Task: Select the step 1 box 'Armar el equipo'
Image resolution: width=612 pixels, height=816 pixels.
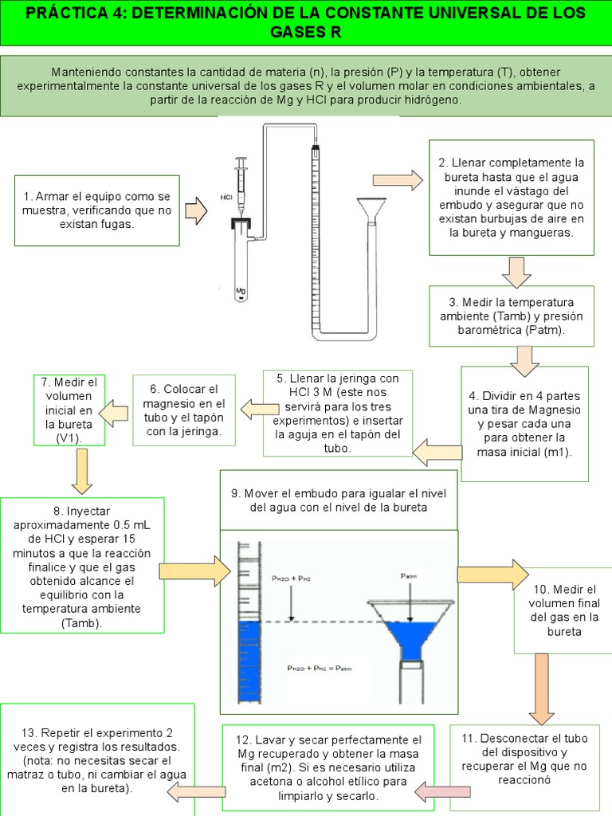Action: pyautogui.click(x=97, y=210)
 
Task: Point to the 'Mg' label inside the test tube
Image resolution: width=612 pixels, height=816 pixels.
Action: pyautogui.click(x=240, y=292)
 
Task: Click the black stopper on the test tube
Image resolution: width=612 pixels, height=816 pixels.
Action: pyautogui.click(x=241, y=225)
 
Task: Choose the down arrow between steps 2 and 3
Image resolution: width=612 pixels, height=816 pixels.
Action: pyautogui.click(x=516, y=271)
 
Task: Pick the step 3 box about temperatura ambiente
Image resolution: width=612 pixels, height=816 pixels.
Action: pyautogui.click(x=511, y=316)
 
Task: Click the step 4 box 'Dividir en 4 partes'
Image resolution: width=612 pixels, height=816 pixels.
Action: pyautogui.click(x=524, y=424)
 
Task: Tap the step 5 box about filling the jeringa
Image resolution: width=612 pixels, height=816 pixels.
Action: pyautogui.click(x=337, y=412)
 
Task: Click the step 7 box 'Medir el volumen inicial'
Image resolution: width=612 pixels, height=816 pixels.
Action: pyautogui.click(x=69, y=410)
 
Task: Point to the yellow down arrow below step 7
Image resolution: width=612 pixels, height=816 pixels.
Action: pyautogui.click(x=81, y=471)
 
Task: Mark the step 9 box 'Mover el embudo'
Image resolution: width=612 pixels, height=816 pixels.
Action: pyautogui.click(x=339, y=500)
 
